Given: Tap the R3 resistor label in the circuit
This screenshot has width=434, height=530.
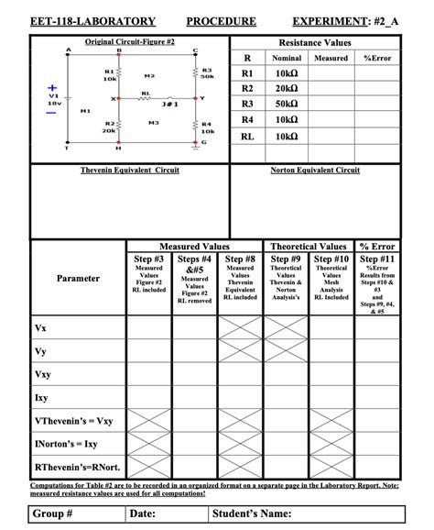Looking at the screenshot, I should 207,70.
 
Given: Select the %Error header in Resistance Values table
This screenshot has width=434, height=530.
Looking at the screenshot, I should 378,58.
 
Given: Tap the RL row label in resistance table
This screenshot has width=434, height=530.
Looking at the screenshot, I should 246,137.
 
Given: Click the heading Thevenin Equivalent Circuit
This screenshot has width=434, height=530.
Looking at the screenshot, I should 129,171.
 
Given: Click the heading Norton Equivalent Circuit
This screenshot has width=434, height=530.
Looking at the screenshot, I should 315,171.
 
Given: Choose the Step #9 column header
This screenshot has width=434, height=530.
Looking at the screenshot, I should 286,259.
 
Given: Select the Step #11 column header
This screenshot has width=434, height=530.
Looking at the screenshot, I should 378,259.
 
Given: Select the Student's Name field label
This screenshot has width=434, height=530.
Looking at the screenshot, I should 251,513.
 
